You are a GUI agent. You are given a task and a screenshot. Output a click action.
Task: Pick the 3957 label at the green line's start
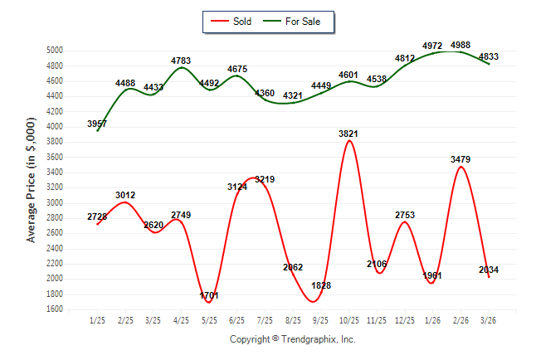coord(97,124)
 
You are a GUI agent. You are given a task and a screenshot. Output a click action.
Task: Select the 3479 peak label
coord(461,158)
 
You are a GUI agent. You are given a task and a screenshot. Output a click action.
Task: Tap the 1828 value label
coord(321,285)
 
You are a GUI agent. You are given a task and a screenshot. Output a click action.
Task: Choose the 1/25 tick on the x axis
coord(98,320)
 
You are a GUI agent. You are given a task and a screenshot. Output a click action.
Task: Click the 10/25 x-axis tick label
coord(349,320)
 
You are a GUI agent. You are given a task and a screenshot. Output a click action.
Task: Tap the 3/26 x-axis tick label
coord(490,320)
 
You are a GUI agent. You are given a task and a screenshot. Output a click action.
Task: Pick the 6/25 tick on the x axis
coord(237,320)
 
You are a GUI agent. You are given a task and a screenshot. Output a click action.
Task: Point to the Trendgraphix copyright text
coord(292,339)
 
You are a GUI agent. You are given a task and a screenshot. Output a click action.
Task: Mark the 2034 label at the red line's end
coord(489,270)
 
